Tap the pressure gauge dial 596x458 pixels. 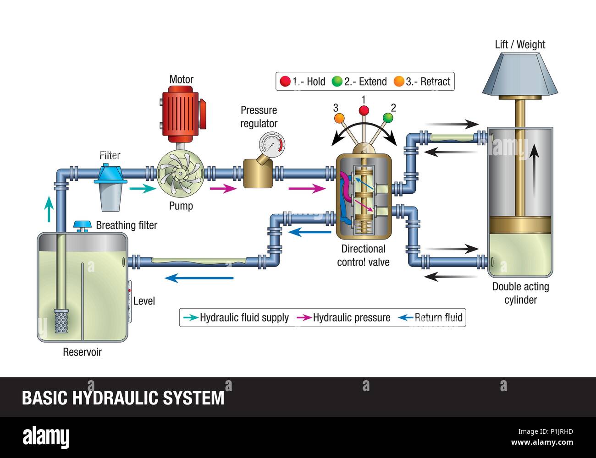[271, 144]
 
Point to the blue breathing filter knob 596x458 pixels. [83, 224]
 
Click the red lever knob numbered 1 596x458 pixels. [364, 110]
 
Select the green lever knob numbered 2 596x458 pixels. [388, 118]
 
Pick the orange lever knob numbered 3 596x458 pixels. [339, 118]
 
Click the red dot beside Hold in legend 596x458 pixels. [285, 82]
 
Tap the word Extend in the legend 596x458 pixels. [372, 82]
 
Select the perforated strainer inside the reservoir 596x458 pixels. [61, 321]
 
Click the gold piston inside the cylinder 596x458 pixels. [520, 224]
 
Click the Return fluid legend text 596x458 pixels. [438, 317]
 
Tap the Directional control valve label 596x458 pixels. [363, 256]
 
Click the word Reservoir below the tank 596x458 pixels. [82, 352]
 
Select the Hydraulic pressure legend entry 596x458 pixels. [352, 317]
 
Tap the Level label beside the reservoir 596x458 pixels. [144, 301]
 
